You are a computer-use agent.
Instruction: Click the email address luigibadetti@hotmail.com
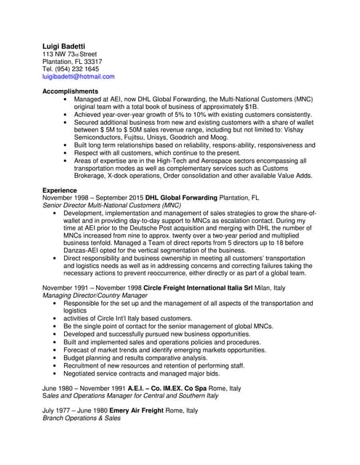(78, 76)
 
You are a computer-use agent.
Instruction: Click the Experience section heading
(60, 190)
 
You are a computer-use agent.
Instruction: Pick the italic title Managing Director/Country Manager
(100, 296)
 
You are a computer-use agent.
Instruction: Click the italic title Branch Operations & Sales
(81, 418)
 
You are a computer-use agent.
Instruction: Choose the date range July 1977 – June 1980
(78, 410)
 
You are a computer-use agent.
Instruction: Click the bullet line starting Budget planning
(135, 357)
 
